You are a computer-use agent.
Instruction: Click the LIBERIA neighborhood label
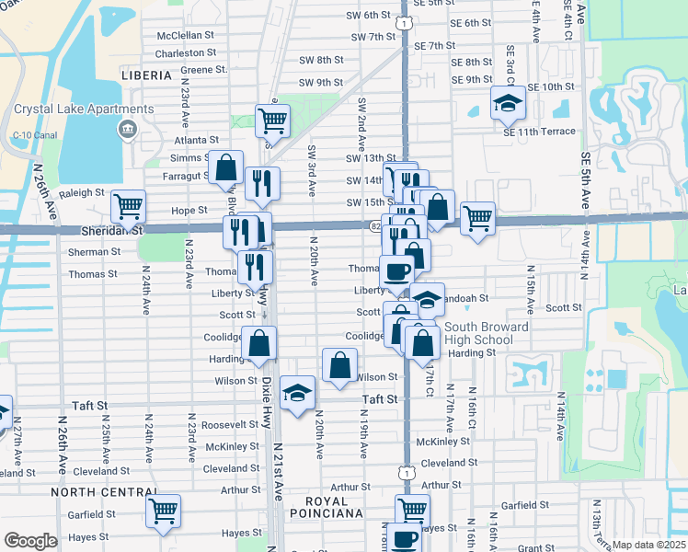(148, 75)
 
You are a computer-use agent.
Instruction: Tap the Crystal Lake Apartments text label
(63, 109)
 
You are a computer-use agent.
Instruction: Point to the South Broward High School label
(487, 333)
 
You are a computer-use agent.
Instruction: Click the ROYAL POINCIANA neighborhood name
(332, 507)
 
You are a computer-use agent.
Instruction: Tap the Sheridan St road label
(111, 232)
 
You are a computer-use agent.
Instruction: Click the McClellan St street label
(185, 36)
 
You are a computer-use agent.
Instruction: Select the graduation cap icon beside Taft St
(297, 394)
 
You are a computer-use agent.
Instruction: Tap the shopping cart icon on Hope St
(128, 206)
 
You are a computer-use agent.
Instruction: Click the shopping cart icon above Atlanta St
(272, 120)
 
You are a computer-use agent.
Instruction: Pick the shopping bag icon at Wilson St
(339, 364)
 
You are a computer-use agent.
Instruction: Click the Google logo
(30, 541)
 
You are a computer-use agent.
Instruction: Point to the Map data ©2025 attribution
(648, 545)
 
